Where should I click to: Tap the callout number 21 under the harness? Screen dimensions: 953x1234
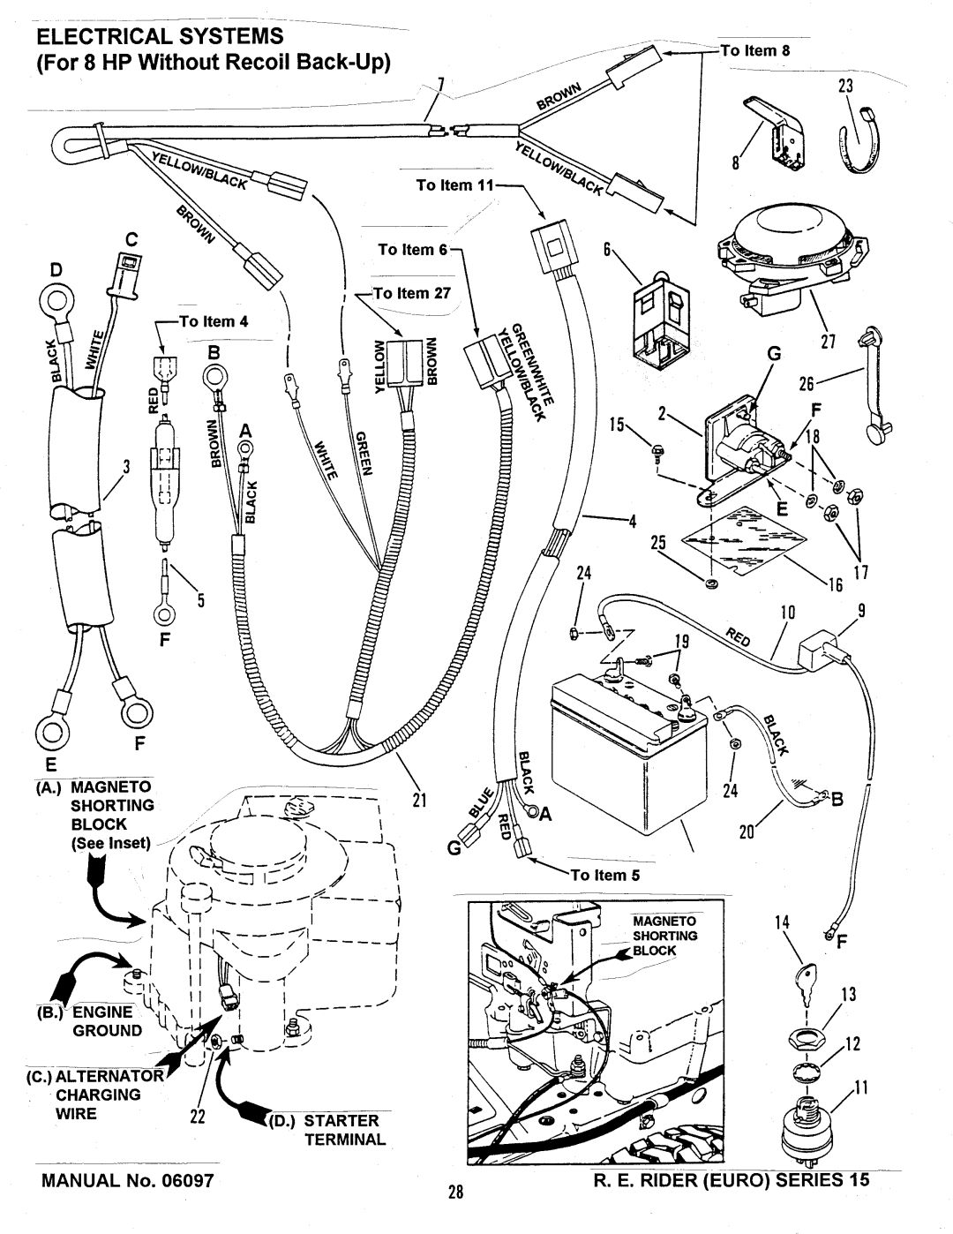419,800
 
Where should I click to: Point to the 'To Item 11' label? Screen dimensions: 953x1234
455,185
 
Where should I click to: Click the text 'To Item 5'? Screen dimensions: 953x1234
605,875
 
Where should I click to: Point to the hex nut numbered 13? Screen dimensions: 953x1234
807,1039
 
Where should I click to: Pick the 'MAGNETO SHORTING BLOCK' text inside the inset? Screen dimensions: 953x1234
664,936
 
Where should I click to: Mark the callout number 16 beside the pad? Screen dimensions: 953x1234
836,584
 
